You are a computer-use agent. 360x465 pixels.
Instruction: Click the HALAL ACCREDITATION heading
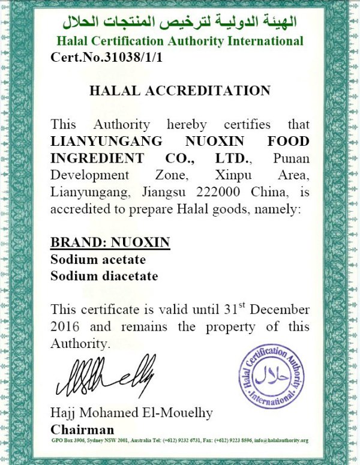(x=180, y=91)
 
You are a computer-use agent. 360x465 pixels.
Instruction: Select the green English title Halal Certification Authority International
(x=179, y=42)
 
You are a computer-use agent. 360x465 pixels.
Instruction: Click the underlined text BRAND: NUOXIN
(x=110, y=242)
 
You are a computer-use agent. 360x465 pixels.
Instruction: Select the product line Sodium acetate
(x=98, y=260)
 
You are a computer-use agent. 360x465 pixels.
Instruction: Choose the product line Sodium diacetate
(x=104, y=277)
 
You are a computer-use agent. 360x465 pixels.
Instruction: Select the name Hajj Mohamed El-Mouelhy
(x=132, y=413)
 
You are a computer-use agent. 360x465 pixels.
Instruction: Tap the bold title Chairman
(x=82, y=430)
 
